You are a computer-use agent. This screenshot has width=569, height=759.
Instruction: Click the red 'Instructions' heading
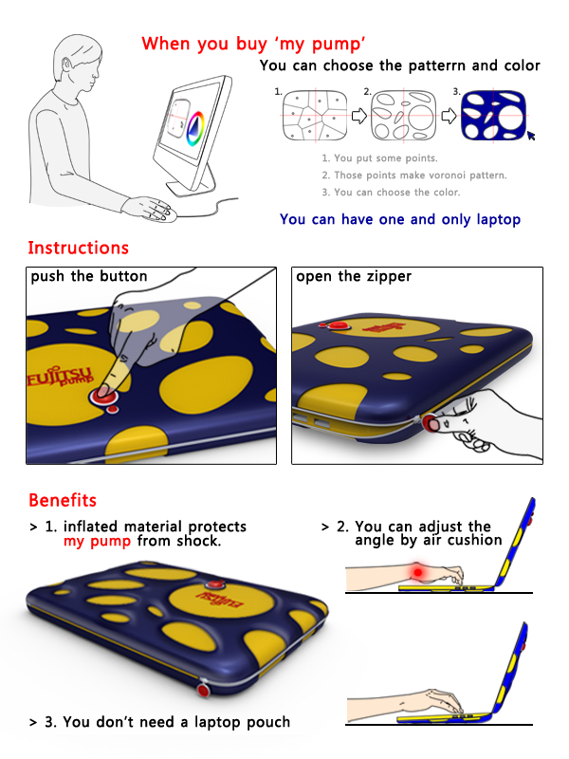pos(79,248)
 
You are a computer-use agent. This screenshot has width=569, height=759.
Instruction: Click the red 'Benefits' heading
pos(63,500)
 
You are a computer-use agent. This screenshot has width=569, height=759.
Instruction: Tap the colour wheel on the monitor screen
pos(195,128)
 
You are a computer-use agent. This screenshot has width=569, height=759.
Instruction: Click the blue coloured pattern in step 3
pos(493,116)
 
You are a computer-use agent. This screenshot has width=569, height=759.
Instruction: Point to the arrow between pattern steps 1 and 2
pos(358,116)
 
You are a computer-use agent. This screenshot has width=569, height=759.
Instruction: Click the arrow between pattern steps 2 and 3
pos(449,116)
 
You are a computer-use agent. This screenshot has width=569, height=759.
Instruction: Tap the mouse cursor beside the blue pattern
pos(531,136)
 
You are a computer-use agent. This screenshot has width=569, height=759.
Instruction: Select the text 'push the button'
pos(89,276)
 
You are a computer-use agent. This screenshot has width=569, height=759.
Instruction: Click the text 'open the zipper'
pos(354,276)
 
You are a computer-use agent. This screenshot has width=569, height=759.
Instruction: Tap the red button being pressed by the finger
pos(103,396)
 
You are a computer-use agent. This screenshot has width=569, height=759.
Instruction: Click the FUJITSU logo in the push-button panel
pos(60,376)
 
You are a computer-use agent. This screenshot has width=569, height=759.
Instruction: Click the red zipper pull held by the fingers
pos(431,422)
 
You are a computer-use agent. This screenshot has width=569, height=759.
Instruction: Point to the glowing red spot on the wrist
pos(417,572)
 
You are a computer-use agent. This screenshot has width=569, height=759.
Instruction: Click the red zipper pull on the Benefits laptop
pos(203,689)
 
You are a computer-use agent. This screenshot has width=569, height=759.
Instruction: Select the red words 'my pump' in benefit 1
pos(97,541)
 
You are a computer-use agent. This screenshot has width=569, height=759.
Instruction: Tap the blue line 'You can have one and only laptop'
pos(400,219)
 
